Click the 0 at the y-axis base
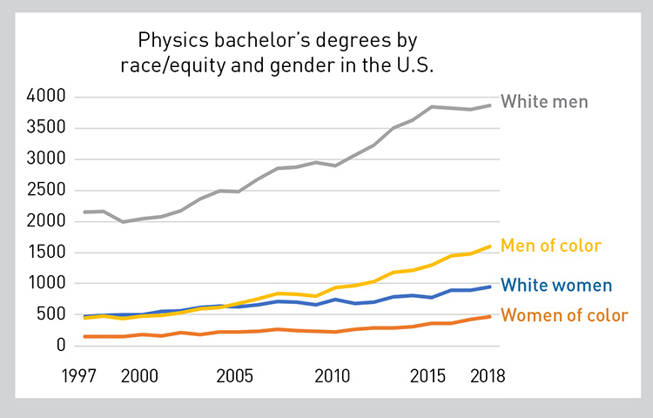click(x=60, y=346)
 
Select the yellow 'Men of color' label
click(x=562, y=246)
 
